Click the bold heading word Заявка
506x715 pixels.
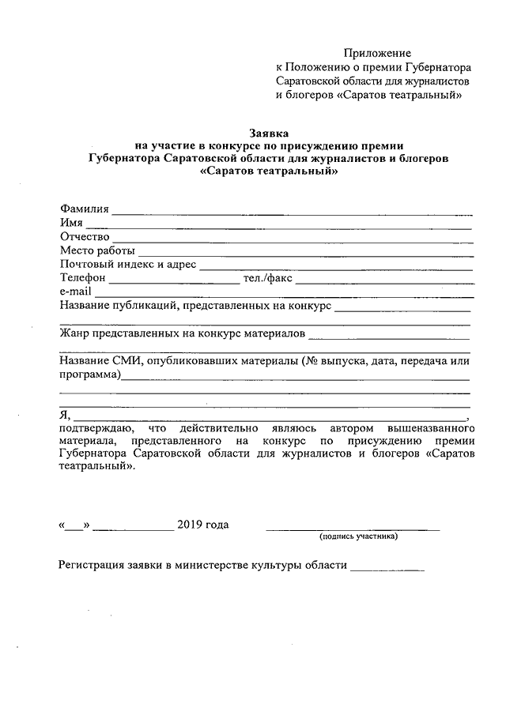269,133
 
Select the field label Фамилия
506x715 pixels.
84,209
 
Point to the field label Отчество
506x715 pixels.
84,237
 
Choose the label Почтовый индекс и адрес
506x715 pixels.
127,265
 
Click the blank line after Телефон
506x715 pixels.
173,281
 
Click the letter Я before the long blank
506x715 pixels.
64,415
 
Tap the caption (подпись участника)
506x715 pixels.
358,537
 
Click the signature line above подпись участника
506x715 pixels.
353,529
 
